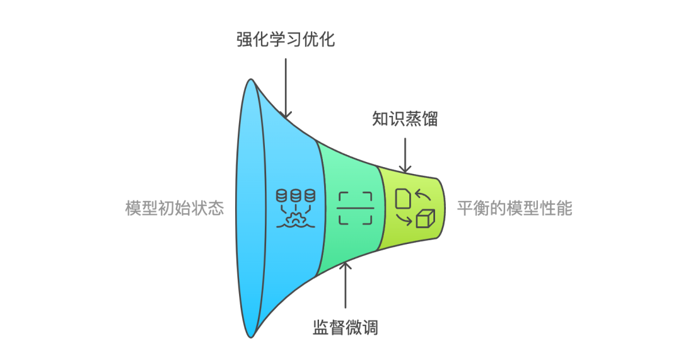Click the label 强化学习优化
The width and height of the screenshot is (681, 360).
click(286, 40)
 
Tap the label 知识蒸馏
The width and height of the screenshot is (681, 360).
click(405, 119)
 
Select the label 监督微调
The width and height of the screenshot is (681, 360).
click(346, 327)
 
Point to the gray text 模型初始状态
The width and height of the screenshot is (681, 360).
click(175, 209)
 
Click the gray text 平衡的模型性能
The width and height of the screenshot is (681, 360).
click(515, 209)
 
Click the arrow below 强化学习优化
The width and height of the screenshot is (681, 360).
click(286, 89)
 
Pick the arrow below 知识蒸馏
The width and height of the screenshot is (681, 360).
click(405, 156)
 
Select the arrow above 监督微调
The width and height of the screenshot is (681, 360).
click(346, 284)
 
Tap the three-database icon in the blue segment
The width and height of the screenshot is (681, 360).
click(296, 208)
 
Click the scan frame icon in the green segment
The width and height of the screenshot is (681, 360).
click(355, 209)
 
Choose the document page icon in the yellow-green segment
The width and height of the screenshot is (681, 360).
click(402, 198)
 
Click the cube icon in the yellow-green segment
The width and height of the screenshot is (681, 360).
click(426, 219)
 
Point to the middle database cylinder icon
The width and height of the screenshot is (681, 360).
click(296, 195)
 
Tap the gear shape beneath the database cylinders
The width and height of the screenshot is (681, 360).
click(296, 219)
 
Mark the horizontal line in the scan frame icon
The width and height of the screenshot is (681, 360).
click(355, 209)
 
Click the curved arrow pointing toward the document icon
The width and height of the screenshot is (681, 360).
click(422, 194)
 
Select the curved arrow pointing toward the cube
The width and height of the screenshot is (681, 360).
click(404, 220)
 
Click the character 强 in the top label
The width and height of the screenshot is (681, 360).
click(245, 40)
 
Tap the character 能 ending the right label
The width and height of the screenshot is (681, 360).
click(564, 209)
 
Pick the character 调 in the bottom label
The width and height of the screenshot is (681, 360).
click(370, 327)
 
